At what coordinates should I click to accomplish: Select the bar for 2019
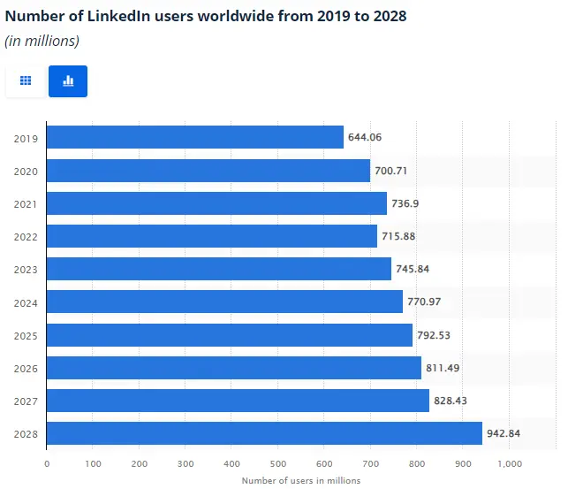tap(194, 137)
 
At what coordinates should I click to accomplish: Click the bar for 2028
tap(264, 433)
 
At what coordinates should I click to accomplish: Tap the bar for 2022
tap(211, 236)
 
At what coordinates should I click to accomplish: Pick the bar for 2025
tap(229, 335)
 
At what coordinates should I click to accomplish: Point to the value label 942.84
tap(504, 434)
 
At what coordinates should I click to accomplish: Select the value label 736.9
tap(405, 203)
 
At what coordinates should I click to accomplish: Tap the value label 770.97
tap(424, 302)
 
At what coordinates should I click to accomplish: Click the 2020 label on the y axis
tap(26, 171)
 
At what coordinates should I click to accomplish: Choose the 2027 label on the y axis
tap(26, 401)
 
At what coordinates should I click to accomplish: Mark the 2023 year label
tap(26, 270)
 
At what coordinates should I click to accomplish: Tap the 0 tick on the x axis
tap(47, 462)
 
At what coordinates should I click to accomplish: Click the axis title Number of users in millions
tap(300, 481)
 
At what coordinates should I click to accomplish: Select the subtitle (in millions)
tap(42, 41)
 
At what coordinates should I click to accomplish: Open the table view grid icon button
tap(26, 80)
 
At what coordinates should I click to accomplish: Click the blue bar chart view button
tap(68, 80)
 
